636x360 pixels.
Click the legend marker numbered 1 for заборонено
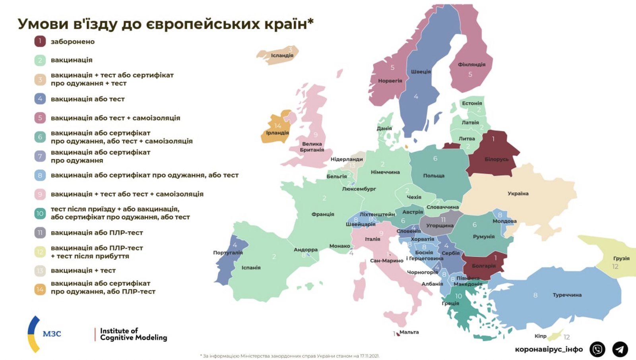(40, 41)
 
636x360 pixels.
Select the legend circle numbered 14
(40, 289)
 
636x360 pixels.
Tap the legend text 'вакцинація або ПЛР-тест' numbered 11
(97, 233)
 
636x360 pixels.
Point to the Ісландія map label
(282, 56)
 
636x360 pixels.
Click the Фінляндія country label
(471, 64)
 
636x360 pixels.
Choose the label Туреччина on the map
(567, 295)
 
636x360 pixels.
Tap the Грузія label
(621, 258)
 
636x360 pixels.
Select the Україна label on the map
(518, 194)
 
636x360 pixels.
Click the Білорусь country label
(496, 159)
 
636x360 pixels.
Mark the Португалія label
(228, 253)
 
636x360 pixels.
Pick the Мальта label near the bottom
(409, 332)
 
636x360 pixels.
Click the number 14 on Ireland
(277, 126)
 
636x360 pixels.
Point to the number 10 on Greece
(458, 296)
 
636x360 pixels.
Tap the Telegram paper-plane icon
(620, 349)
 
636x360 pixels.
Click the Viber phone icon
(597, 349)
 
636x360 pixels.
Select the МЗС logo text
(52, 334)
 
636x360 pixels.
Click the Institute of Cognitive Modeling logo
(133, 334)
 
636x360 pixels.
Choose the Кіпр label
(540, 336)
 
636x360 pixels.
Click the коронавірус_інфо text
(549, 350)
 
